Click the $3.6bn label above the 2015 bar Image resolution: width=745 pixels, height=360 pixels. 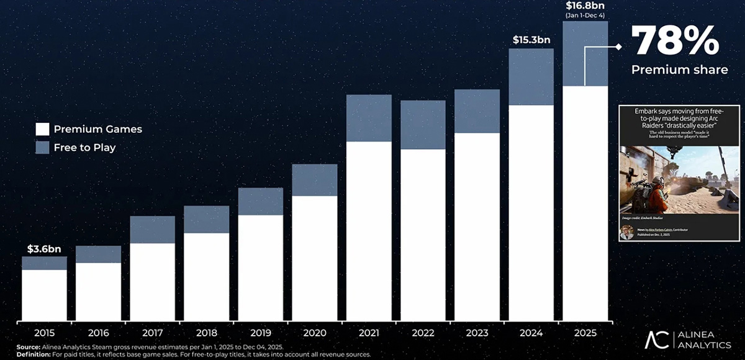(x=43, y=248)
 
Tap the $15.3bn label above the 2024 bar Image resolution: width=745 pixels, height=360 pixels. (x=531, y=40)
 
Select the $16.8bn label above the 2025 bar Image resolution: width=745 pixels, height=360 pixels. (x=585, y=6)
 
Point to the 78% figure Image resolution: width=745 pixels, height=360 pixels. (x=674, y=42)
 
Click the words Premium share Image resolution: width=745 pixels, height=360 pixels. (x=679, y=70)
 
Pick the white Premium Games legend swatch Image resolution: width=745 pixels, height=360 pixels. (x=42, y=129)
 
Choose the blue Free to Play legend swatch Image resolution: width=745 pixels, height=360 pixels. (x=42, y=148)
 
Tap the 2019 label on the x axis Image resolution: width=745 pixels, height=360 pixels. (x=260, y=333)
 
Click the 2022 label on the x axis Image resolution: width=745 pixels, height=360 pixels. (x=422, y=333)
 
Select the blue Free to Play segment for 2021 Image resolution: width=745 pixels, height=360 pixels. (x=369, y=118)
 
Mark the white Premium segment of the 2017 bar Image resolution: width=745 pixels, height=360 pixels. (x=152, y=282)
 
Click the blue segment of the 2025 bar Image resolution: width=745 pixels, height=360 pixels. (x=585, y=54)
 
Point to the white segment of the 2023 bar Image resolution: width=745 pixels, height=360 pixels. (x=477, y=227)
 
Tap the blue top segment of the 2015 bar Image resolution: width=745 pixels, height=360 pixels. (x=44, y=263)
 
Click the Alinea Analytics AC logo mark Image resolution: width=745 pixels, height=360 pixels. (x=656, y=340)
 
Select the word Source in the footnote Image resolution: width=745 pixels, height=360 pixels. (x=29, y=347)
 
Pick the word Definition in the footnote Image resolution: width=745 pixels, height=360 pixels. (x=35, y=354)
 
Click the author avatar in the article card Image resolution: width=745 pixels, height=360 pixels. (x=628, y=233)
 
